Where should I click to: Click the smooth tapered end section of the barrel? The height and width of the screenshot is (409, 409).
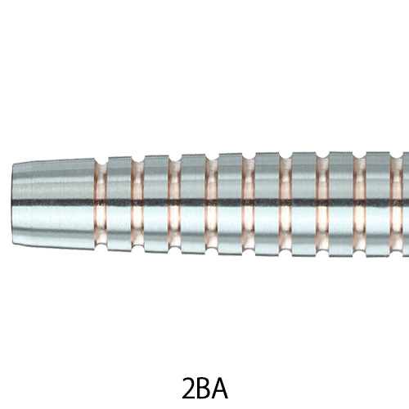53,204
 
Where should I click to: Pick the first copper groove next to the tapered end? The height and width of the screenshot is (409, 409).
101,204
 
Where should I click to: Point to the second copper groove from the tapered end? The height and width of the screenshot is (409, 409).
137,204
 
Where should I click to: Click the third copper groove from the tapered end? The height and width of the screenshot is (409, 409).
174,204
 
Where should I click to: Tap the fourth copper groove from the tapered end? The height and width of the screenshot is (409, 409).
212,204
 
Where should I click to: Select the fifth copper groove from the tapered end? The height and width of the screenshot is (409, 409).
249,204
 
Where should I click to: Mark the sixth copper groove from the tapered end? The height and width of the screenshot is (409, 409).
285,204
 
